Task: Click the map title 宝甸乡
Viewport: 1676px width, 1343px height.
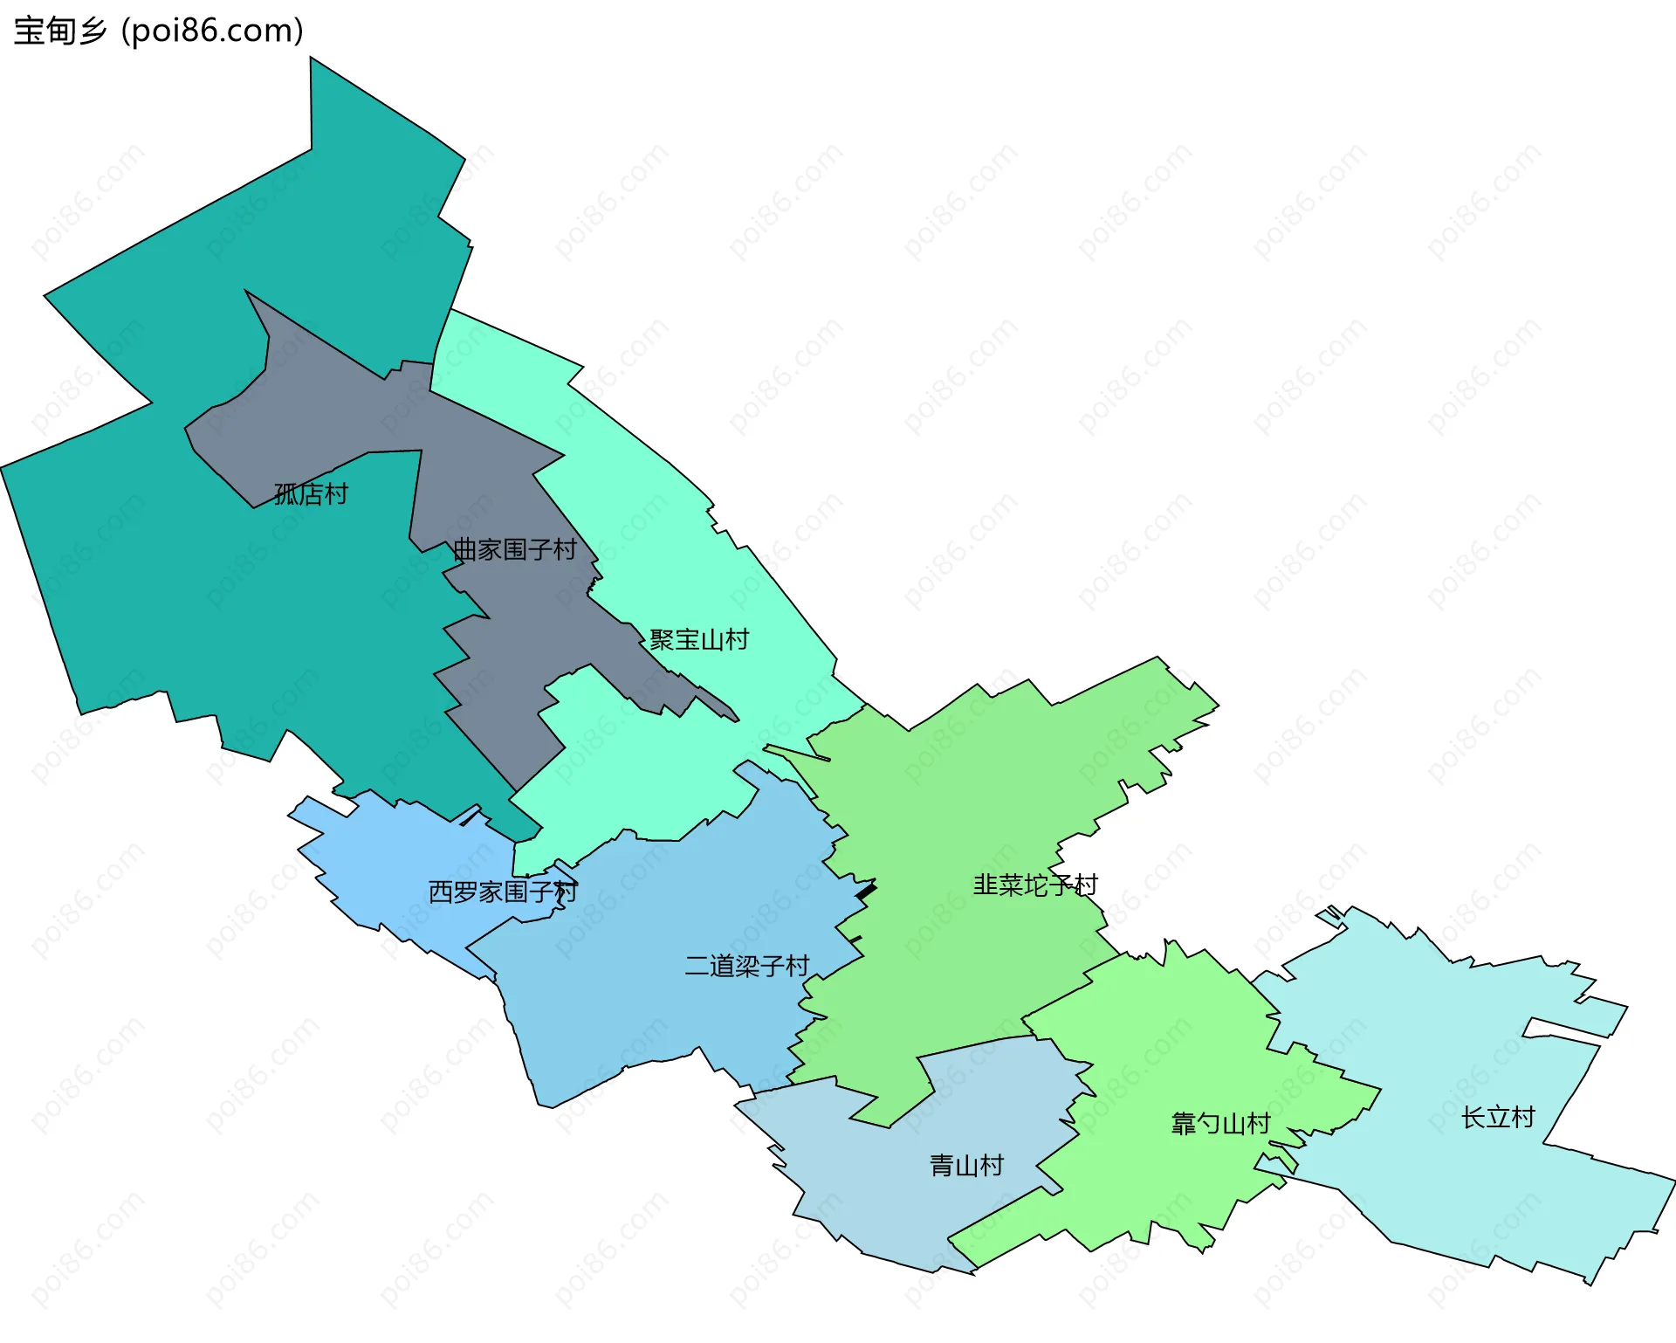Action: [x=59, y=31]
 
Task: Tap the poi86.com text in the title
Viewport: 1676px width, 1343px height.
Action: [x=212, y=31]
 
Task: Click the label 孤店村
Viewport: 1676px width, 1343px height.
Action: [x=311, y=494]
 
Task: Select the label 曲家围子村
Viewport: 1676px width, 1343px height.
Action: [x=515, y=549]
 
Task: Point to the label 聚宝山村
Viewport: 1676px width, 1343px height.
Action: [x=699, y=639]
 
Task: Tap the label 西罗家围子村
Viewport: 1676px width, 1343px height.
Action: [x=503, y=892]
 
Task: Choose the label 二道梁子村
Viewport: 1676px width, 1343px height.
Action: [x=747, y=966]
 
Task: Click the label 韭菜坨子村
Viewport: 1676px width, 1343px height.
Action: [x=1035, y=885]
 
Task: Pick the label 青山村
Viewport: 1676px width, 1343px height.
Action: [x=966, y=1165]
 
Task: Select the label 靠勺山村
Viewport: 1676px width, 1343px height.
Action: [x=1220, y=1123]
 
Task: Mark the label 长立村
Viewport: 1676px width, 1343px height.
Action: [x=1498, y=1117]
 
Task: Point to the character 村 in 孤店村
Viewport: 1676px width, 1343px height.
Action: [x=336, y=494]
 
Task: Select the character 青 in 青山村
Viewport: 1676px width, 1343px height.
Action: [x=942, y=1165]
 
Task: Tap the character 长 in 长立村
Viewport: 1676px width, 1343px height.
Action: [x=1473, y=1117]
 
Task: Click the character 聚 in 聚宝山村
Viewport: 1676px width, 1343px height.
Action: [x=662, y=639]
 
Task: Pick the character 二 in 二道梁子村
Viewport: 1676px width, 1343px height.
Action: [x=697, y=966]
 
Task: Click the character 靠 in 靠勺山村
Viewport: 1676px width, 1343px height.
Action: [x=1184, y=1123]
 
